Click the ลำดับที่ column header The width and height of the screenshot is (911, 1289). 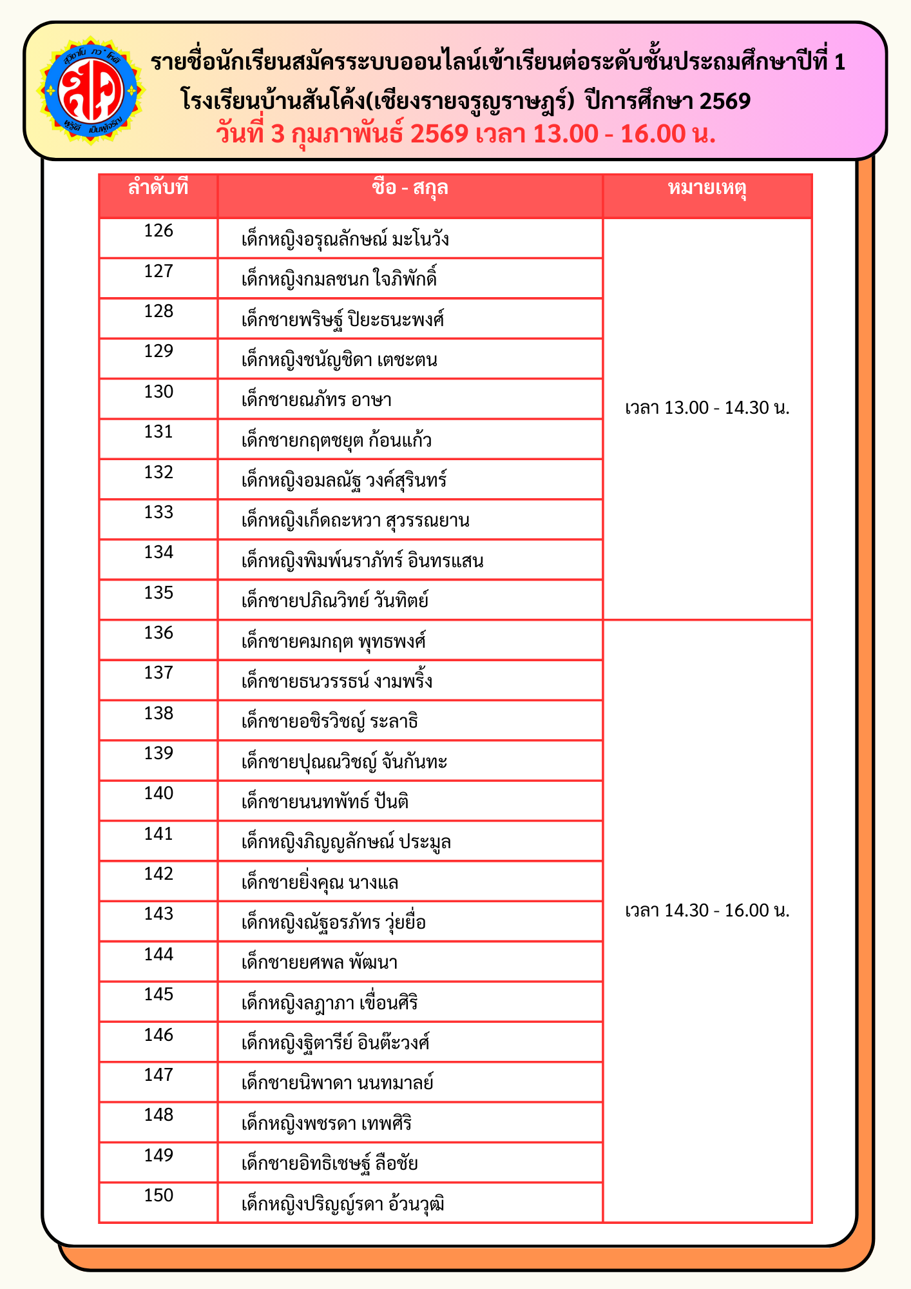point(158,188)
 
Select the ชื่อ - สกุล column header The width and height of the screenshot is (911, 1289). point(410,188)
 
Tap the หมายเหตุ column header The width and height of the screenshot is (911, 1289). point(707,188)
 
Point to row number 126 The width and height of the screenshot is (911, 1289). point(158,231)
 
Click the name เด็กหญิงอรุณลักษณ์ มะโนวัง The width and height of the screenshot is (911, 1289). point(345,240)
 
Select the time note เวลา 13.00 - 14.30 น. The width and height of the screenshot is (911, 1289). point(707,408)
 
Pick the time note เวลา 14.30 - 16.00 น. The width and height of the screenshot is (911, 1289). point(707,910)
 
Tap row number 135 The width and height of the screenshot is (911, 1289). point(158,592)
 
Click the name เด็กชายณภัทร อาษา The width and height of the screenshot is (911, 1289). point(316,400)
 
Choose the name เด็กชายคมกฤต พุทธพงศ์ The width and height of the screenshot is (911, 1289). point(333,641)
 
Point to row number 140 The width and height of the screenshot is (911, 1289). point(158,793)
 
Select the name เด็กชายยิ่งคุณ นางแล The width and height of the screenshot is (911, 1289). point(320,882)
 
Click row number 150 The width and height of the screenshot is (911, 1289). point(158,1196)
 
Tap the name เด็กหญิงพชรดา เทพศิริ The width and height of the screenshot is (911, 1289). point(326,1123)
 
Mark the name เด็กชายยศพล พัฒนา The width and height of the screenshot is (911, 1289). point(319,963)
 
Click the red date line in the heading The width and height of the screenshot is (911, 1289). point(466,134)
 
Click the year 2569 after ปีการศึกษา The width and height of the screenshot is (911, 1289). point(724,101)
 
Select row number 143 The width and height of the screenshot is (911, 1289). point(158,914)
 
